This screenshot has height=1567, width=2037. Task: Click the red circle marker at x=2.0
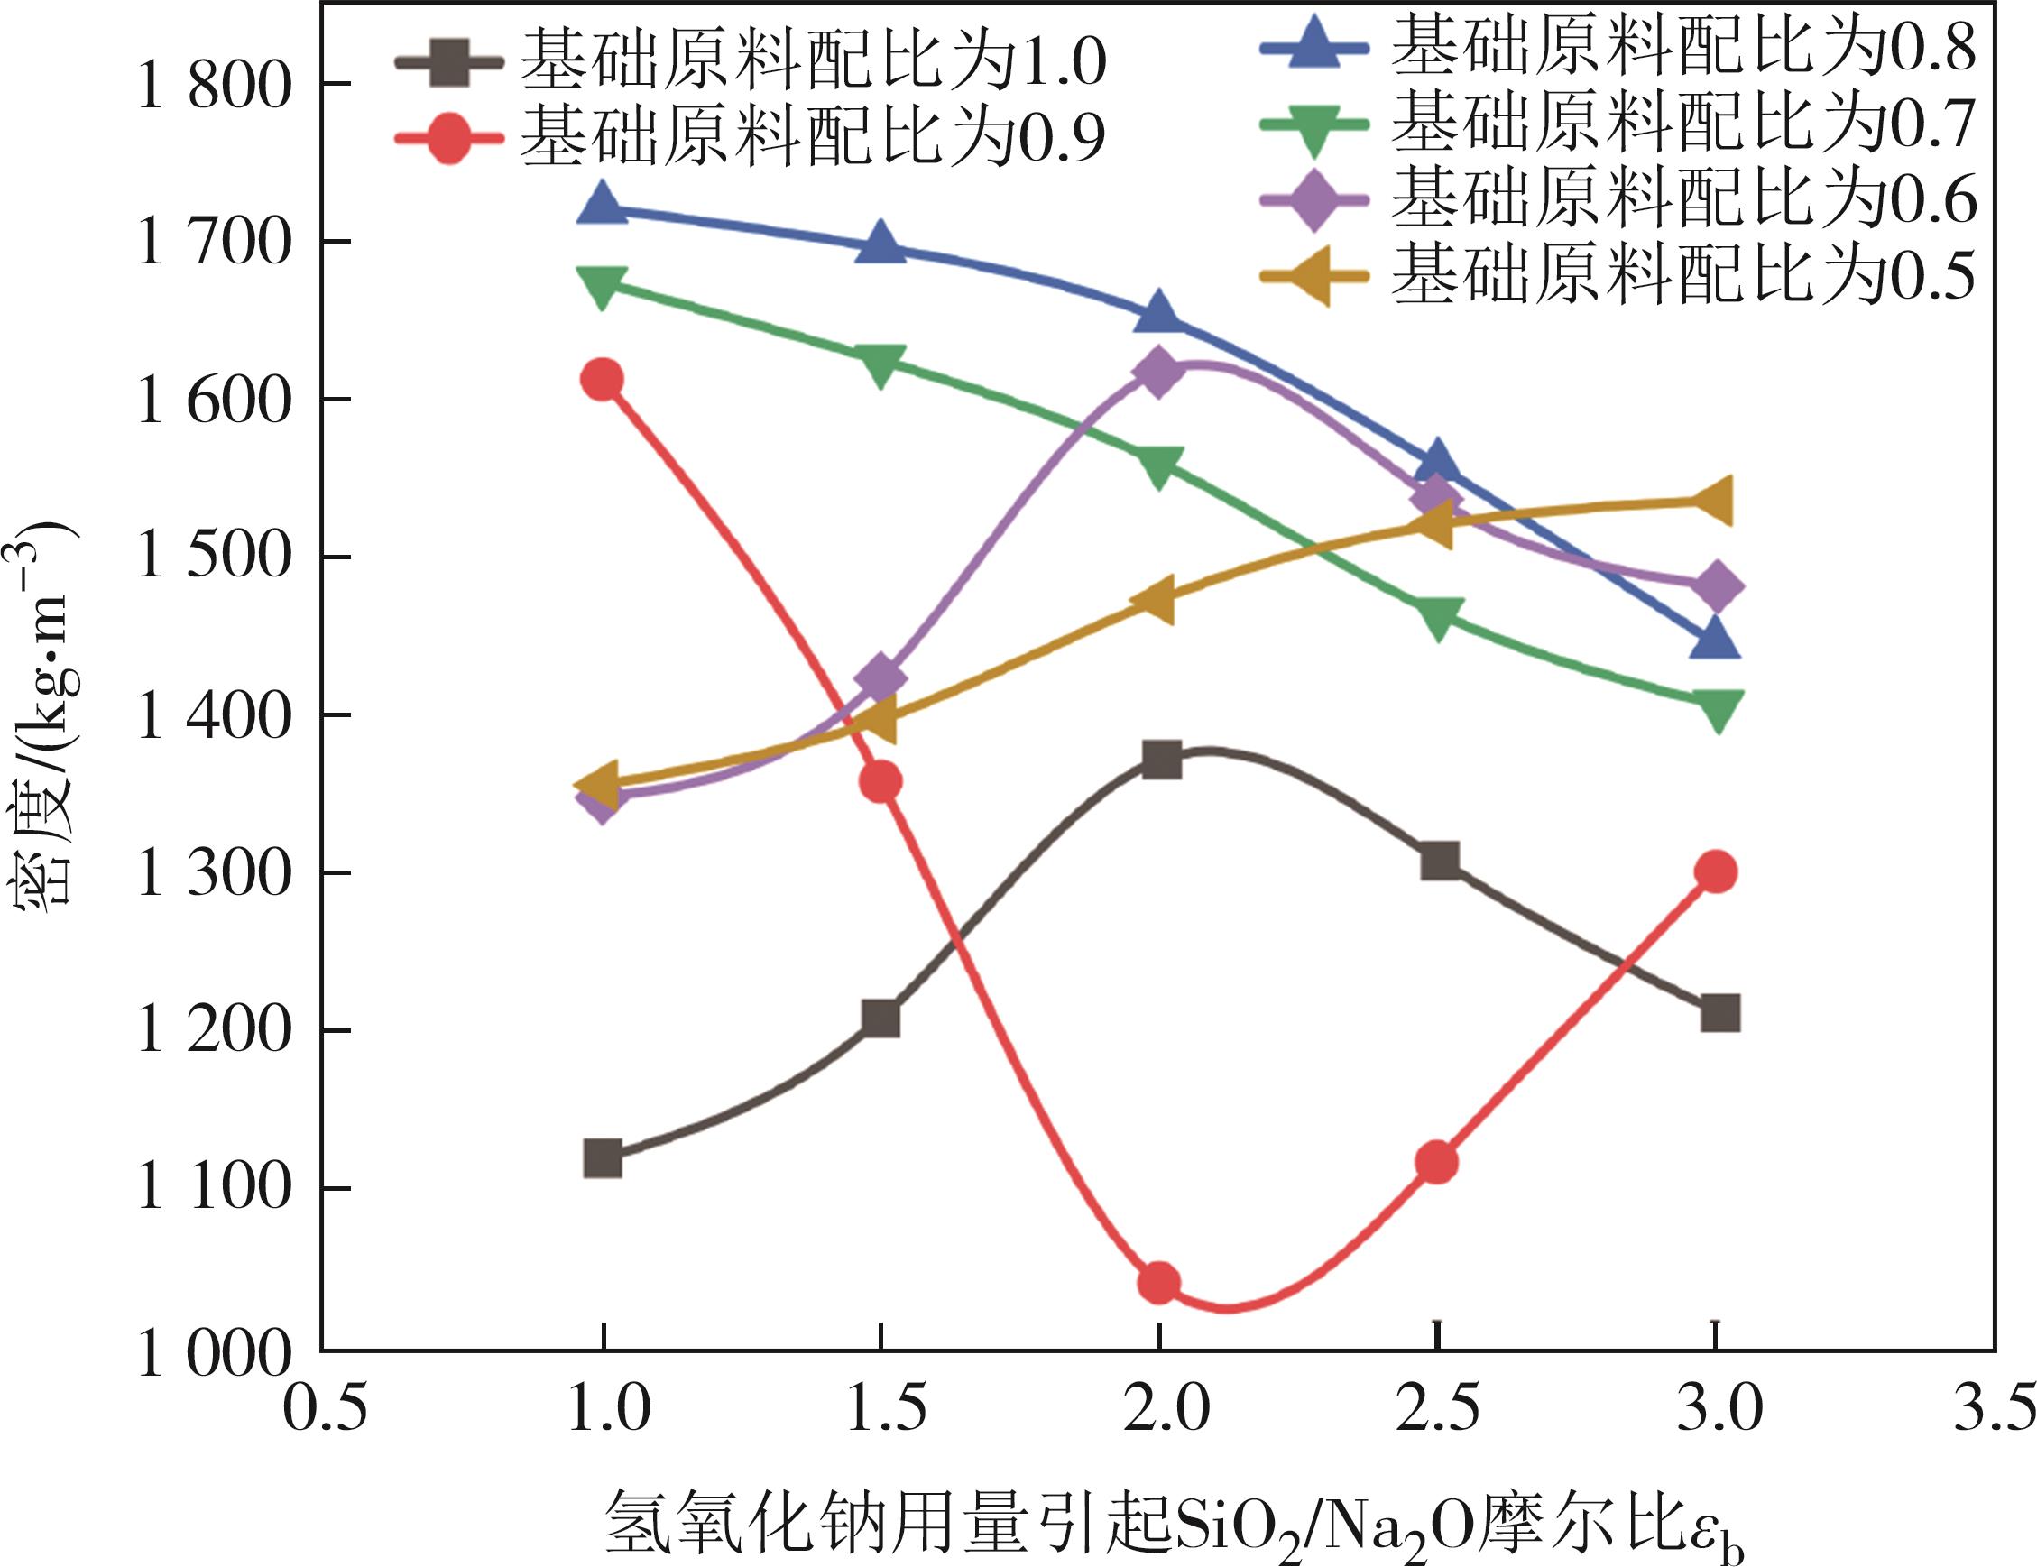(x=1158, y=1284)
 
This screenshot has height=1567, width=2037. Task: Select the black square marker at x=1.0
(x=603, y=1158)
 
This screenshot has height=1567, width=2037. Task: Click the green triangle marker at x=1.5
(x=880, y=364)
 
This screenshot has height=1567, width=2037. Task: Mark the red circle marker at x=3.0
(x=1715, y=872)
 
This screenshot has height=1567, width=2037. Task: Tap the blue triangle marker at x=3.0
(x=1715, y=641)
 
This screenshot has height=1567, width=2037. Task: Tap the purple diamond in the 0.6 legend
(x=1314, y=199)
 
